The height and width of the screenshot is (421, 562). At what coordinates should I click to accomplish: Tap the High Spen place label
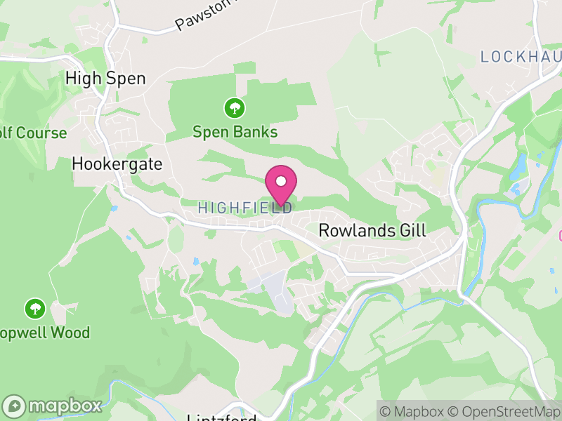click(105, 78)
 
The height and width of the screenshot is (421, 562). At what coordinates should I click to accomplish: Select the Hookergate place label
click(117, 164)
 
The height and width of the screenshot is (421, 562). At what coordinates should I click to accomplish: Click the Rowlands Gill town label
click(372, 230)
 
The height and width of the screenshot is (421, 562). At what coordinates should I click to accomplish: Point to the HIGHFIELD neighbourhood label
click(245, 208)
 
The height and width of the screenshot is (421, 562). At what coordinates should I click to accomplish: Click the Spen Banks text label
click(235, 131)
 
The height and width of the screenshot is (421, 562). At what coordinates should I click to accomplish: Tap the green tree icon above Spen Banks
click(234, 108)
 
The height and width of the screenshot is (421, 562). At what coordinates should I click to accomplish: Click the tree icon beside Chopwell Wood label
click(34, 308)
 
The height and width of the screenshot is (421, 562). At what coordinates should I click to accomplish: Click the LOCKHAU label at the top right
click(520, 57)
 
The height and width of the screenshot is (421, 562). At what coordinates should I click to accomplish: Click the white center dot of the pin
click(281, 181)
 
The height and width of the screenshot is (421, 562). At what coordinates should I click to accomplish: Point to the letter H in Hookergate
click(77, 164)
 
